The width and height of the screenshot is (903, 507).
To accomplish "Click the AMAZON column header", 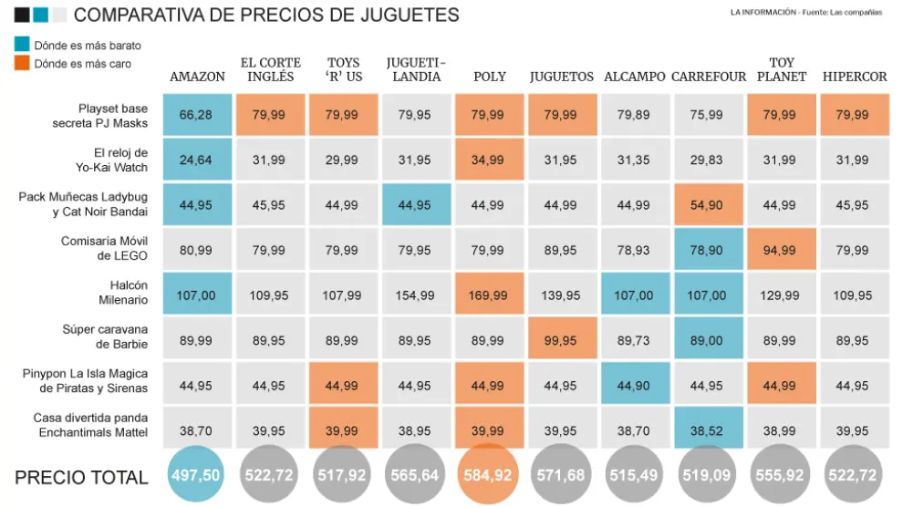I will point(197,77).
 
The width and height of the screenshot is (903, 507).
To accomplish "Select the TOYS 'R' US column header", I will point(344,69).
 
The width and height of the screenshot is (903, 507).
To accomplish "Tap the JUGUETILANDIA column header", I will point(415,69).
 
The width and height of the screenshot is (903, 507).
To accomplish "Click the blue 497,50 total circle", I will point(195,476).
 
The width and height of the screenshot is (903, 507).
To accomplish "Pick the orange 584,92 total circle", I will point(489,476).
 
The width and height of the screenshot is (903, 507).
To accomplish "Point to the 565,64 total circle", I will point(415,476).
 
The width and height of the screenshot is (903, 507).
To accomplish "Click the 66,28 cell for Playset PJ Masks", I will point(196,115).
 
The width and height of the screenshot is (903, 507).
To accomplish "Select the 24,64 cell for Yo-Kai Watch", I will point(196,160).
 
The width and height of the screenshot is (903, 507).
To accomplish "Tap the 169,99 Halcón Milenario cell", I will point(489,295).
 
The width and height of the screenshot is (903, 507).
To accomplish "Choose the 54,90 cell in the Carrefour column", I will point(708,205).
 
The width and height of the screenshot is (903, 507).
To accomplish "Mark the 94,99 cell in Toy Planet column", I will point(781,251).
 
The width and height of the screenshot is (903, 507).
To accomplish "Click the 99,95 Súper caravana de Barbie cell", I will point(562,340).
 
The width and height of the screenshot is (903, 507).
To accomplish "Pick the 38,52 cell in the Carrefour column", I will point(708,430).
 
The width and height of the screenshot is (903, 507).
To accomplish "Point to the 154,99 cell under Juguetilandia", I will point(415,295).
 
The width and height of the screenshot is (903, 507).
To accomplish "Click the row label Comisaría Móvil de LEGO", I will point(104,249).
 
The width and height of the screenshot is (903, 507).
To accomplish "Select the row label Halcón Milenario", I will point(122,293).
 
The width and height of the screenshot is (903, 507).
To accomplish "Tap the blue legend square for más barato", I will point(22,44).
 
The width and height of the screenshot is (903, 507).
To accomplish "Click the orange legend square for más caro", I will point(22,63).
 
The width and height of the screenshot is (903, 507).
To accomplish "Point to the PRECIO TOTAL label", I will point(81,477).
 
